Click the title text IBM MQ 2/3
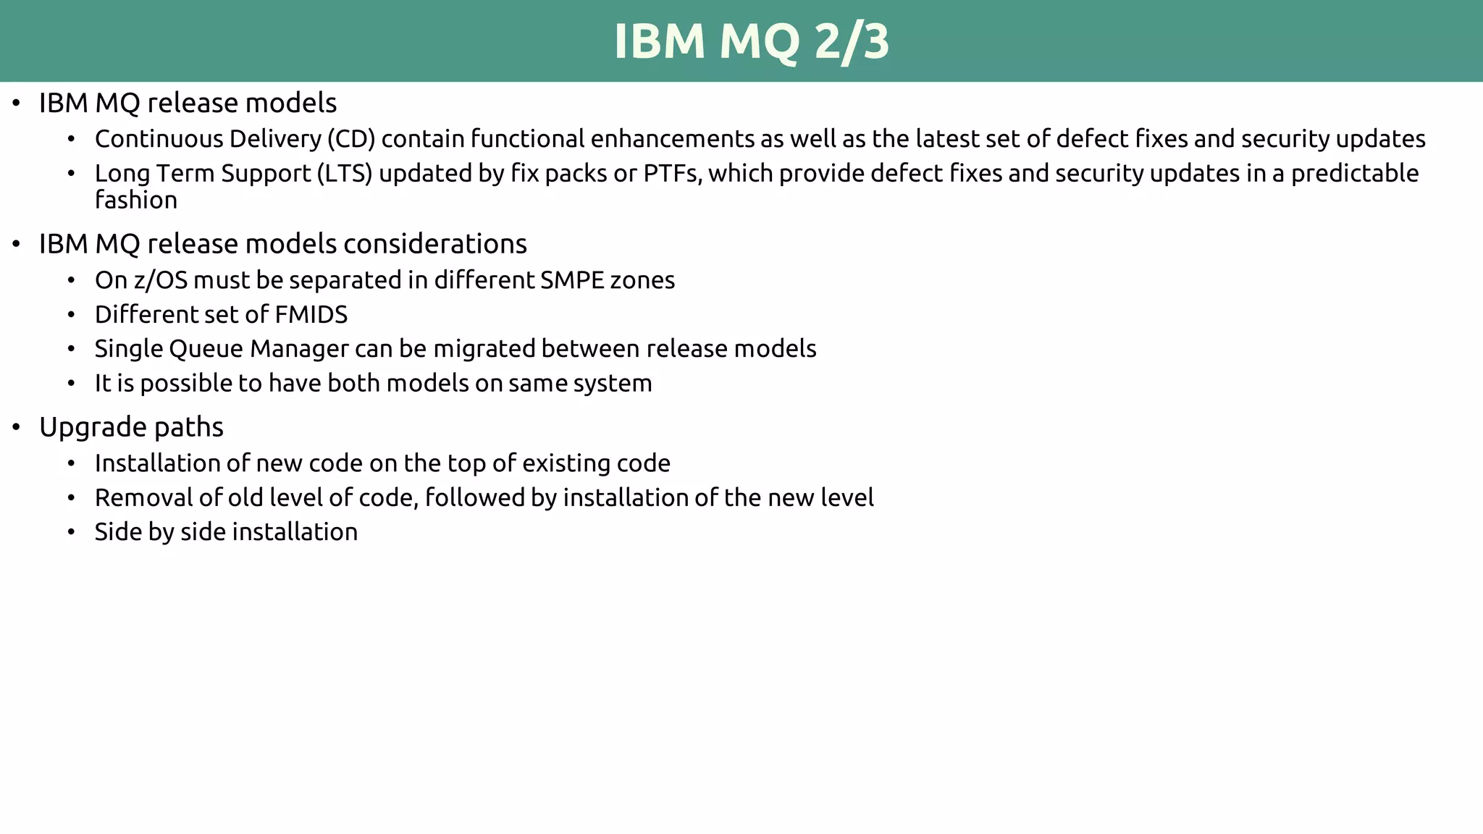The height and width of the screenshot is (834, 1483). (751, 41)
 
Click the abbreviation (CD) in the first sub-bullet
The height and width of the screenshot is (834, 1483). (351, 139)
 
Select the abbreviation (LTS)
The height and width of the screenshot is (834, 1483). (345, 174)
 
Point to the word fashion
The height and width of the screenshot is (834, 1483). (136, 201)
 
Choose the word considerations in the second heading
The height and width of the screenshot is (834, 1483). (434, 244)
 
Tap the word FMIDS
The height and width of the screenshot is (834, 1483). (311, 315)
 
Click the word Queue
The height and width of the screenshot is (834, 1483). (206, 349)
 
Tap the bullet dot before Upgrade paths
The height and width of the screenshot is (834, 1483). (17, 427)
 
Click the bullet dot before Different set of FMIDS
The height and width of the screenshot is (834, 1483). (71, 315)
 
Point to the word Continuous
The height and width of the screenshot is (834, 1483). (159, 139)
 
